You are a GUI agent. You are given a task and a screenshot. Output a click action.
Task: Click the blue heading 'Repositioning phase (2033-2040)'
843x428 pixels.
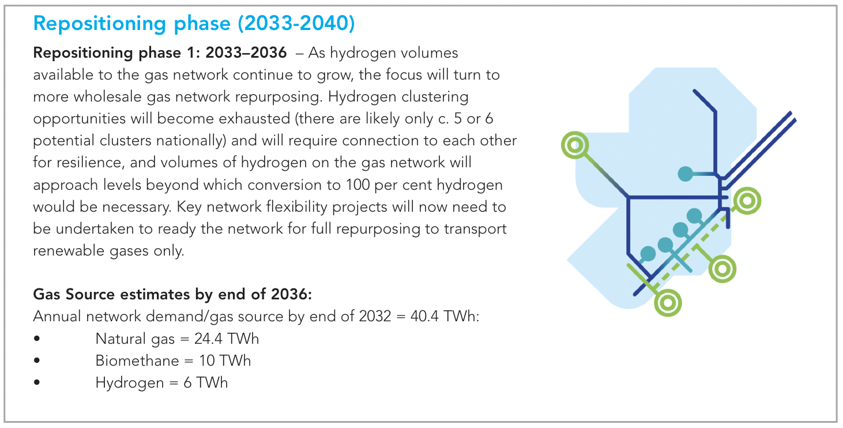tap(194, 24)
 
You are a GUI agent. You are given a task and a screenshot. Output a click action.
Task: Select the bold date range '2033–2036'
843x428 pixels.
tap(246, 52)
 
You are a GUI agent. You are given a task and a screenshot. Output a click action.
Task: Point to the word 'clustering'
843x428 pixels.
tap(435, 97)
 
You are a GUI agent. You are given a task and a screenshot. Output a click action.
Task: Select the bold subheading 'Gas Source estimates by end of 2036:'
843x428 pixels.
tap(172, 294)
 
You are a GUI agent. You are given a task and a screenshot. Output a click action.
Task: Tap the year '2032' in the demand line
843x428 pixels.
tap(375, 316)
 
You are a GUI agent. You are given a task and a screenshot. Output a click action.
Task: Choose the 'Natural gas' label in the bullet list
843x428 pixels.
tap(135, 339)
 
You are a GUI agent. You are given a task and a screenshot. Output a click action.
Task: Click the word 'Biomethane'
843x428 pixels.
tap(137, 361)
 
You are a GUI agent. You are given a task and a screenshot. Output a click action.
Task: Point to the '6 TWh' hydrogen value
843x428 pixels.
tap(205, 382)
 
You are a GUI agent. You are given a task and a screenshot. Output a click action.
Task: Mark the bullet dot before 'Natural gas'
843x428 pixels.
tap(36, 339)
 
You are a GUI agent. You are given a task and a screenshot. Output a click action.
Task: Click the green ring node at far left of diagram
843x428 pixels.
tap(575, 145)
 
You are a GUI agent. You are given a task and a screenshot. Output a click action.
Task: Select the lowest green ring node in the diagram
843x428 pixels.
tap(668, 303)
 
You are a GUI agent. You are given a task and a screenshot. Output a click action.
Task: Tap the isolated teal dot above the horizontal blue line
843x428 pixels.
tap(685, 174)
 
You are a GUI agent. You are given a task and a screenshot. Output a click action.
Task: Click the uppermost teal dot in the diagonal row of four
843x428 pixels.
tap(694, 216)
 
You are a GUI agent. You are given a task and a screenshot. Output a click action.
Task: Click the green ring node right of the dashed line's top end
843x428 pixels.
tap(747, 201)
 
